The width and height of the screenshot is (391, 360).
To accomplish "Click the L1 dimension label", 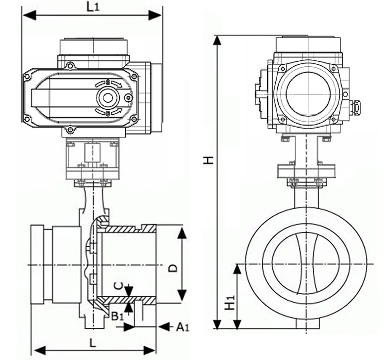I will click(x=93, y=6).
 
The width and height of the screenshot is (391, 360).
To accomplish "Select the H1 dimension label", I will click(x=229, y=303).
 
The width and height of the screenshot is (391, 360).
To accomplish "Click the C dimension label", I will click(x=117, y=285).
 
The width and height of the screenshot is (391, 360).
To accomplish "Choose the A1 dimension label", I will click(x=182, y=326).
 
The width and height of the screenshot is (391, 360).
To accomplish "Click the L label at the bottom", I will click(x=93, y=342).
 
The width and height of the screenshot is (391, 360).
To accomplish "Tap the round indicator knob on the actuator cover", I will click(x=107, y=97).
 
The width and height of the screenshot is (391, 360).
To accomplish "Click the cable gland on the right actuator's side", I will click(x=355, y=106).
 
